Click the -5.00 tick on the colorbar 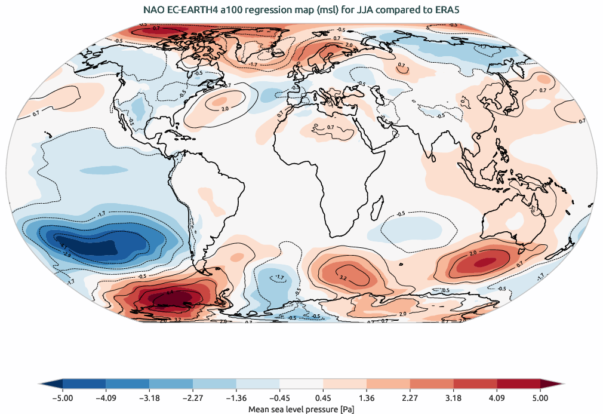coord(63,397)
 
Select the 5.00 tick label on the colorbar coord(540,397)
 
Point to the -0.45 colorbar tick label coord(279,397)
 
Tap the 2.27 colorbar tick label coord(410,397)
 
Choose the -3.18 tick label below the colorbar coord(149,397)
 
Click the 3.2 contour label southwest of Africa coord(343,278)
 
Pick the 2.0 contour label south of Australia coord(473,253)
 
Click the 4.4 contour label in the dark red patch coord(170,293)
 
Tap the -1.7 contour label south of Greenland coord(253,64)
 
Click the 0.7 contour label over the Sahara coord(330,127)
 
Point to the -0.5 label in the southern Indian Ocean coord(401,213)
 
